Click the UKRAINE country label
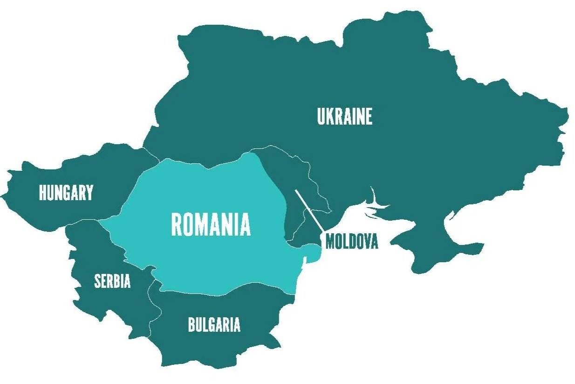[x=345, y=117]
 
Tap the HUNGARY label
[x=66, y=193]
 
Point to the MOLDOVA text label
[x=351, y=242]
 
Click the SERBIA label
[x=112, y=281]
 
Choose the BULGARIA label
[x=214, y=325]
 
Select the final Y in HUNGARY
[x=89, y=193]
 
